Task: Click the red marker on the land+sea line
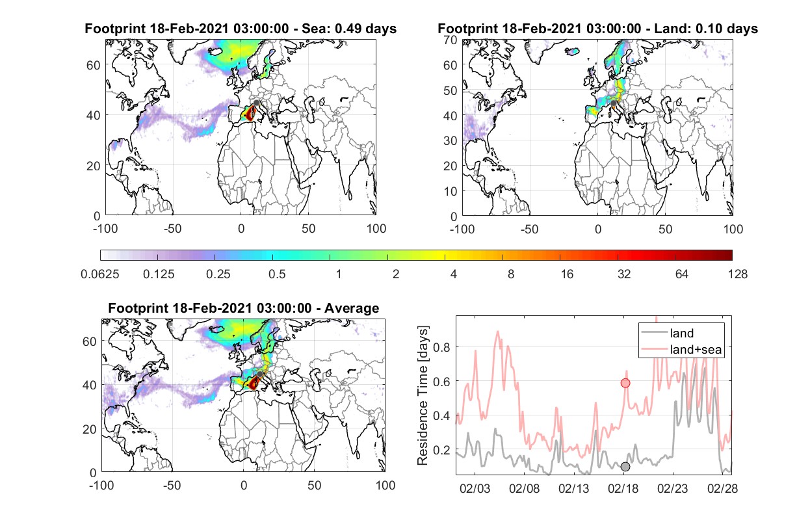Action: tap(625, 383)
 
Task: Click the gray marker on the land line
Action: tap(625, 467)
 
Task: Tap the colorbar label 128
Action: tap(737, 274)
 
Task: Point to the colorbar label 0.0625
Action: tap(100, 274)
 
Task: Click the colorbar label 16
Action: tap(567, 274)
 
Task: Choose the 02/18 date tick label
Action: tap(623, 488)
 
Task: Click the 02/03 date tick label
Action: tap(475, 488)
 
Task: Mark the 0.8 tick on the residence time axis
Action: tap(441, 347)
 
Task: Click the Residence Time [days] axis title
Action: tap(423, 395)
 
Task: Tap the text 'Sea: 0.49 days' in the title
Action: tap(349, 29)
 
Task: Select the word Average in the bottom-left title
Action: tap(352, 308)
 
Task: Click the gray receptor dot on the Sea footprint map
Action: tap(256, 103)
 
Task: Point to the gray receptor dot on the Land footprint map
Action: tap(613, 103)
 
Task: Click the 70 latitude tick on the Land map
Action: tap(451, 40)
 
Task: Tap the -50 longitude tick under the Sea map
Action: tap(172, 229)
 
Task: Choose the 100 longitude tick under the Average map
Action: tap(385, 485)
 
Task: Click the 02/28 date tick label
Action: tap(722, 488)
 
